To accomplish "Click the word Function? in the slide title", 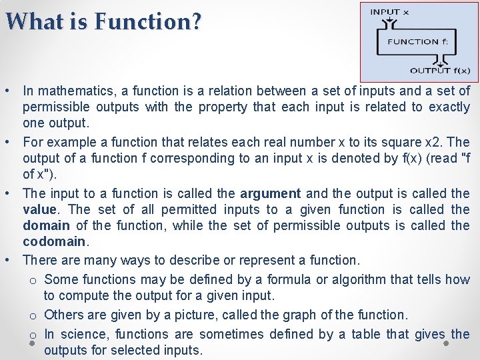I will coord(147,21).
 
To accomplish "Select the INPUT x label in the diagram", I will coord(390,11).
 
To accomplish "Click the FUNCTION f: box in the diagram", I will coord(413,42).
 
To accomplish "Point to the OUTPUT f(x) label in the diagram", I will coord(439,71).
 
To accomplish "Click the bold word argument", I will coord(271,193).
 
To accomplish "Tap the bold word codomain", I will coord(54,241).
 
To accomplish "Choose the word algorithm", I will coord(341,279).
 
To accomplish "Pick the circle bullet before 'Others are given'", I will coord(32,315).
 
